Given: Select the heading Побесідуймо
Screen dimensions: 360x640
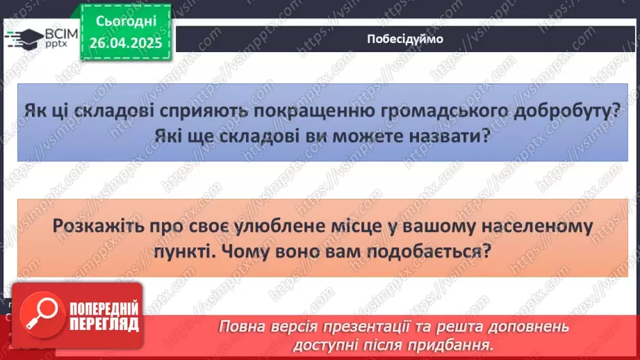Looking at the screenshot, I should (x=405, y=39).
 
